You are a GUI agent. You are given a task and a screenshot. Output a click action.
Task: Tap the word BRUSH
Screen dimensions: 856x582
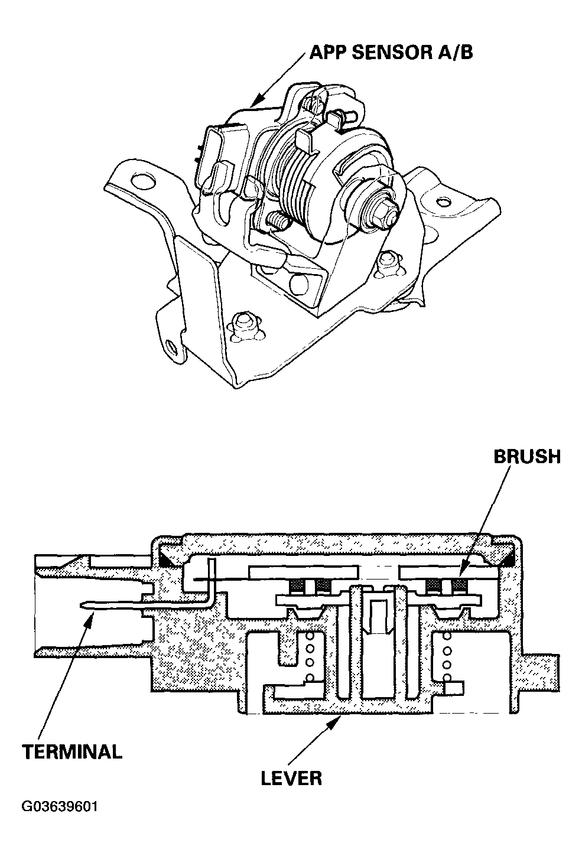(x=526, y=457)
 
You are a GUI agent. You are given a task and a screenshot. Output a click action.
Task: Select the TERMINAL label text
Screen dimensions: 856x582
(x=71, y=752)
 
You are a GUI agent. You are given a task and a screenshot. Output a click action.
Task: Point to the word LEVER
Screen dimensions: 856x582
(x=291, y=777)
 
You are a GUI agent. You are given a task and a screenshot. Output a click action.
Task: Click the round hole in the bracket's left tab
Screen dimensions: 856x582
(x=142, y=180)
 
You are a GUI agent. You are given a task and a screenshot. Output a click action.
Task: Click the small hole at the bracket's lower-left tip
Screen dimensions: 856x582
(x=172, y=347)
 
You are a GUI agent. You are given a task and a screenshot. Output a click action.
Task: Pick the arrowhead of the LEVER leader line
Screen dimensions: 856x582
(x=341, y=717)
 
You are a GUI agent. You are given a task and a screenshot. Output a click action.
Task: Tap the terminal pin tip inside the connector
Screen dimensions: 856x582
(x=83, y=604)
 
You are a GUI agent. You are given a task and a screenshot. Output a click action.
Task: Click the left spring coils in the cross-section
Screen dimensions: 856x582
(x=307, y=656)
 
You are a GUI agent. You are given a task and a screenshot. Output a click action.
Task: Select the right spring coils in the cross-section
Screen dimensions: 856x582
(x=447, y=656)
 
